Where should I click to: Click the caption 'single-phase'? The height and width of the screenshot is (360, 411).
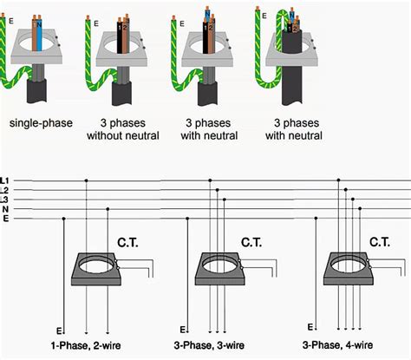(x=41, y=122)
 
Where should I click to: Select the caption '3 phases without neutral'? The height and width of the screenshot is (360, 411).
(x=121, y=129)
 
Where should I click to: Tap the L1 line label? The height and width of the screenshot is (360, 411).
(x=5, y=180)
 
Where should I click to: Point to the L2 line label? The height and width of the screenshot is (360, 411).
(x=5, y=189)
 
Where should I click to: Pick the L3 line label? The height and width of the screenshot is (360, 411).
(x=5, y=199)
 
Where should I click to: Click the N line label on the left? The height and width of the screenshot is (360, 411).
(x=5, y=208)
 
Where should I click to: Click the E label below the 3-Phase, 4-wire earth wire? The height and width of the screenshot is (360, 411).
(x=310, y=327)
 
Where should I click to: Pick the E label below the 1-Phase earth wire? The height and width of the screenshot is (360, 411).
(x=58, y=331)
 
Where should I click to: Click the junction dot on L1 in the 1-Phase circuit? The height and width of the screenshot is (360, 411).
(x=86, y=180)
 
